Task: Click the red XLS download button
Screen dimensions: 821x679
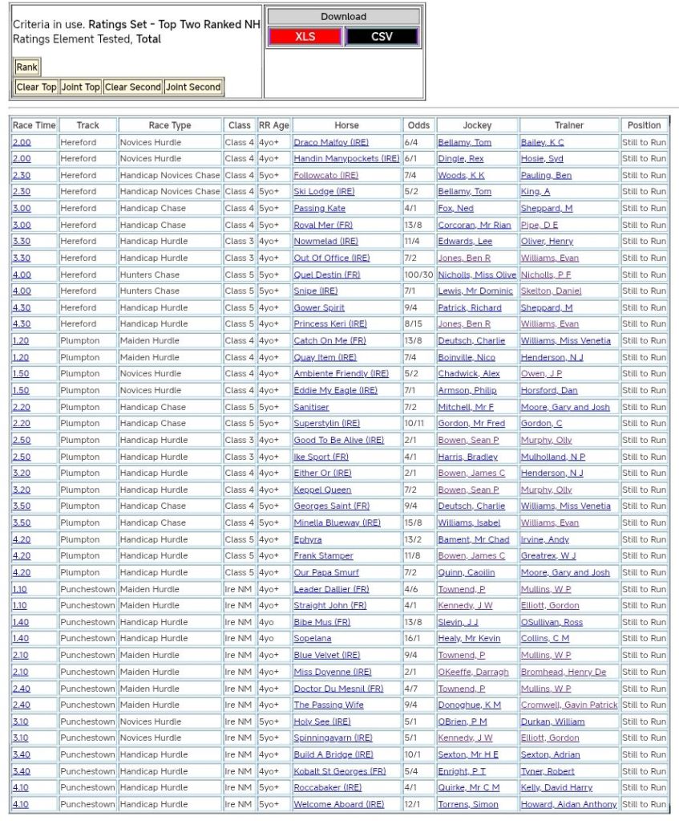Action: (x=305, y=37)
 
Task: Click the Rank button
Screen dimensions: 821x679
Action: (x=26, y=67)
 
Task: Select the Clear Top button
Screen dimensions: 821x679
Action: (x=37, y=87)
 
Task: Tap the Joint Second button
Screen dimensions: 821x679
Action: (x=193, y=87)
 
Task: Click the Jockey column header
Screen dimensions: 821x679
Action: (x=477, y=125)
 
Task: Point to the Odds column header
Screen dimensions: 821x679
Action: (x=418, y=125)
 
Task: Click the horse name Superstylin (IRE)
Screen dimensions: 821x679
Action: (x=326, y=423)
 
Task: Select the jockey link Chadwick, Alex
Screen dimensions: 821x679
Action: (x=468, y=373)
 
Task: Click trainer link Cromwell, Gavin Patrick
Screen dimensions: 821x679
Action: (x=569, y=705)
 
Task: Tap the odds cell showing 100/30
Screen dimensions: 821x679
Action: (x=418, y=274)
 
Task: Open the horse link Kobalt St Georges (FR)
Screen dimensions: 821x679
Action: (x=339, y=771)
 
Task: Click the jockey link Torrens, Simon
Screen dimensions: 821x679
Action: (x=467, y=804)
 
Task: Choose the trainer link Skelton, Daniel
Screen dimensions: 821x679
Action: (x=551, y=291)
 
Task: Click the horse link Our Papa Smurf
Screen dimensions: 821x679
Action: (x=325, y=572)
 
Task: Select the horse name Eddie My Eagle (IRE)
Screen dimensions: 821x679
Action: (x=335, y=390)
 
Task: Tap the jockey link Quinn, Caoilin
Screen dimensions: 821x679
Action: (x=466, y=572)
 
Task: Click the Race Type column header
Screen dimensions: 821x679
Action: (x=170, y=125)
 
